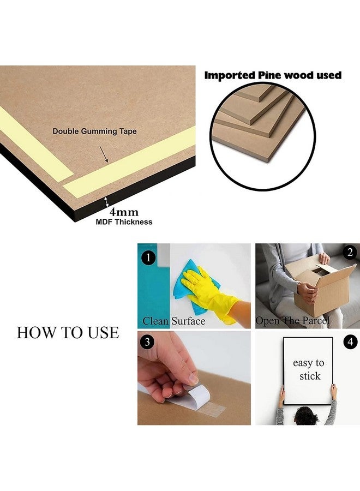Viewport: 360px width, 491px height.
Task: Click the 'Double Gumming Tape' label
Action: [94, 131]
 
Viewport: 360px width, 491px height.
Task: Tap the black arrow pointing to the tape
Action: [104, 154]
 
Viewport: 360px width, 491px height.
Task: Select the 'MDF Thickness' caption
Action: [124, 222]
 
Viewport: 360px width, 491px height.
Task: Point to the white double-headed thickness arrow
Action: [107, 201]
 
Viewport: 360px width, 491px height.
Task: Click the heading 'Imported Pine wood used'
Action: [273, 75]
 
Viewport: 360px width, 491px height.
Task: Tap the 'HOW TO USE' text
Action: [68, 332]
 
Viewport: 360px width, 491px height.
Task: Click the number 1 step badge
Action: [148, 258]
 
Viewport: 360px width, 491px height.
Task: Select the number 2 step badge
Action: [350, 253]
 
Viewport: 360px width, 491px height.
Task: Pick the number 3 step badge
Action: [147, 342]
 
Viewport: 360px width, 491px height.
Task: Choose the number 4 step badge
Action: [350, 342]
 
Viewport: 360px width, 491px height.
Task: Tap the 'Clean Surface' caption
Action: [174, 321]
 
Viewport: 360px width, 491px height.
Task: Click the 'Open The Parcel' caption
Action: [293, 321]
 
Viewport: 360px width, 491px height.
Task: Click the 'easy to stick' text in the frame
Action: [309, 369]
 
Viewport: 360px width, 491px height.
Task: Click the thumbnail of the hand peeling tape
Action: [194, 378]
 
